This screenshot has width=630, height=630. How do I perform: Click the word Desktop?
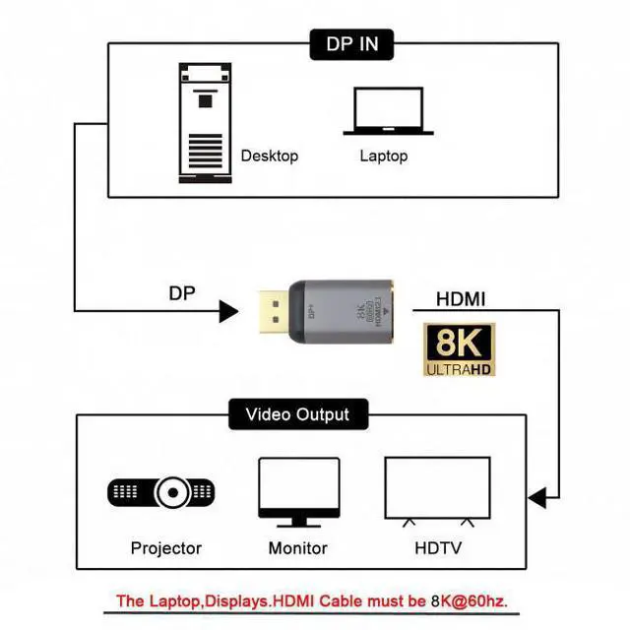click(269, 156)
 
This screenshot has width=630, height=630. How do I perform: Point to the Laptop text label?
click(383, 156)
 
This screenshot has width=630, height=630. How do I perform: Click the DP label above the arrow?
click(181, 292)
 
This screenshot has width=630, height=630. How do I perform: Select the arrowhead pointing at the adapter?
click(228, 313)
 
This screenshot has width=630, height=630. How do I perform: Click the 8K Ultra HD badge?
click(460, 350)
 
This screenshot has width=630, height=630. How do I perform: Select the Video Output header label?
click(296, 414)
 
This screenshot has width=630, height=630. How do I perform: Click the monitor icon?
click(298, 493)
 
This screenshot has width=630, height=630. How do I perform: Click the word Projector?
click(165, 547)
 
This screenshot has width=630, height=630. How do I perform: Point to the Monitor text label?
click(298, 547)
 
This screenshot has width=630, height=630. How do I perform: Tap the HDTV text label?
click(439, 547)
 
